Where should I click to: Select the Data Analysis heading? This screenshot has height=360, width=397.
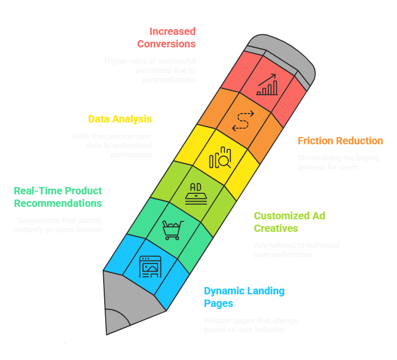click(x=120, y=119)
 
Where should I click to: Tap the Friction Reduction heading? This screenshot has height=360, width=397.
click(x=340, y=141)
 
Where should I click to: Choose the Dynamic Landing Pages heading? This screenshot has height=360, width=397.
click(x=244, y=297)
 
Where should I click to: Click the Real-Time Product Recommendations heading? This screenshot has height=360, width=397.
click(x=58, y=197)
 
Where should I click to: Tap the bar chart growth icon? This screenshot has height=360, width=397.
click(x=266, y=85)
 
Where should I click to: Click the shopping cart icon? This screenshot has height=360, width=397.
click(x=172, y=230)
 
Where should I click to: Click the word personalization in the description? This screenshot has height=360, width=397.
click(x=169, y=80)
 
